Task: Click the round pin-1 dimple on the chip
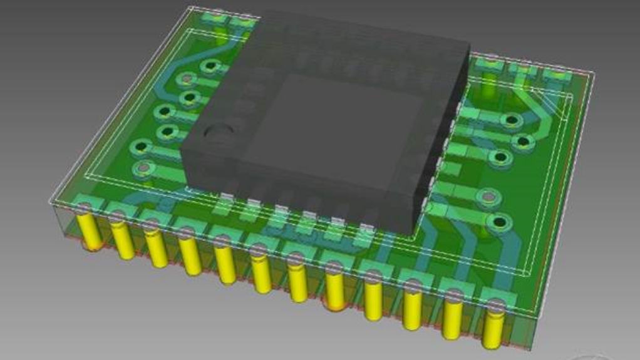point(220,133)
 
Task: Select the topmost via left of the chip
point(209,66)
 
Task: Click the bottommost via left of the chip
point(145,168)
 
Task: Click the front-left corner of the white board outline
point(49,202)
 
